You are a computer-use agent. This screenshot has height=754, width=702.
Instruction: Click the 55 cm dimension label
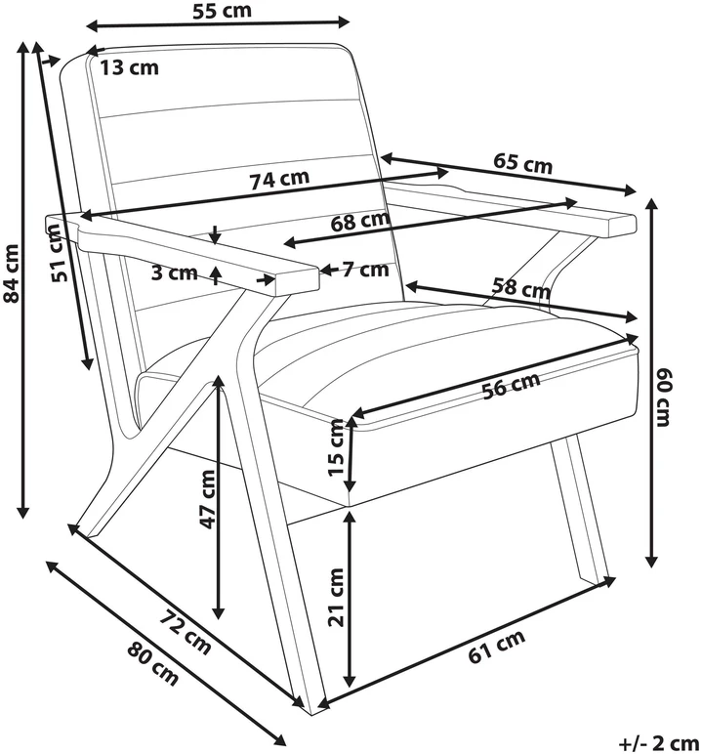pyautogui.click(x=222, y=10)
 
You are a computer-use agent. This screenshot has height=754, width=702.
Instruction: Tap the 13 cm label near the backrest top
pyautogui.click(x=129, y=67)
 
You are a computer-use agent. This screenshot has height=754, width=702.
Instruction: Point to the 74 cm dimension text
pyautogui.click(x=279, y=180)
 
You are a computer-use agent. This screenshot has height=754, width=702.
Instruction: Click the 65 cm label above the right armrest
pyautogui.click(x=522, y=162)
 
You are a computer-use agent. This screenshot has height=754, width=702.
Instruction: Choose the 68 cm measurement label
pyautogui.click(x=359, y=221)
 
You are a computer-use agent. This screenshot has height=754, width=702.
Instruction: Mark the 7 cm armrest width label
pyautogui.click(x=366, y=270)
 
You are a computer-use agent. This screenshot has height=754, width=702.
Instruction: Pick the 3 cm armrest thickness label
pyautogui.click(x=174, y=273)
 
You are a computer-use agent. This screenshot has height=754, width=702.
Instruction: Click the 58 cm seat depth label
pyautogui.click(x=520, y=288)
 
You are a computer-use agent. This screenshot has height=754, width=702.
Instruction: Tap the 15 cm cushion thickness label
pyautogui.click(x=337, y=447)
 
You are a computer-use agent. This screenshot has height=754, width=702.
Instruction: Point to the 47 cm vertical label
pyautogui.click(x=208, y=499)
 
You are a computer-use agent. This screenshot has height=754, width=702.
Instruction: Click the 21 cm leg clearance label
pyautogui.click(x=337, y=598)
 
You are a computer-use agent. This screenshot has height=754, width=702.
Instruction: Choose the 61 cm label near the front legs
pyautogui.click(x=497, y=647)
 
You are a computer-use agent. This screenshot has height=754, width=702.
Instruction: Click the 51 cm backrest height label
pyautogui.click(x=59, y=253)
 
